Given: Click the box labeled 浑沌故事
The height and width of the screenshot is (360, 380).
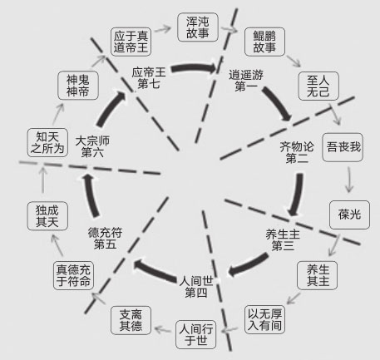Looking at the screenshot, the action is [198, 27].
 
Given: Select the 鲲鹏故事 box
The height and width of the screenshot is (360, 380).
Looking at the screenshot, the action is [264, 42].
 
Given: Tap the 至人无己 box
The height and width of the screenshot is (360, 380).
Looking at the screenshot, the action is [318, 86].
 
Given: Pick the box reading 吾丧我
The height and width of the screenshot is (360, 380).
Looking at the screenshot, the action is [343, 147].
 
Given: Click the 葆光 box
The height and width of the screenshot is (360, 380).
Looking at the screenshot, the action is [349, 215].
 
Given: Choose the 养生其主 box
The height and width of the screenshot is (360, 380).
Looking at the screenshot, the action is [318, 275].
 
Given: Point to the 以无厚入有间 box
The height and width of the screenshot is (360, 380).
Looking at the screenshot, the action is [264, 319].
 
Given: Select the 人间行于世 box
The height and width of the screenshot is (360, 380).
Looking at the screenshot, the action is [196, 335].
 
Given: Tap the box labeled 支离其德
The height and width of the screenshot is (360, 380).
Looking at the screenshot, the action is [131, 320].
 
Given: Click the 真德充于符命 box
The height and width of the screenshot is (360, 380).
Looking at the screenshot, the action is [73, 275].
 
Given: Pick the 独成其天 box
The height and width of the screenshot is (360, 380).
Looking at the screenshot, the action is [47, 216].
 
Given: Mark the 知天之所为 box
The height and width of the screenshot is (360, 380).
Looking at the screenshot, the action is [47, 142].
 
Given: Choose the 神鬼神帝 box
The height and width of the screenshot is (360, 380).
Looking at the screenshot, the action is [78, 86].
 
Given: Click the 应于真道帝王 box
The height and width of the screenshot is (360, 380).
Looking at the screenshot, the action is [131, 42].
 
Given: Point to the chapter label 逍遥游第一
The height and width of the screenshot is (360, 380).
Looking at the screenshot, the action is [246, 81].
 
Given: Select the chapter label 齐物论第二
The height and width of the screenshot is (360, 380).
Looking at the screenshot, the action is [297, 153].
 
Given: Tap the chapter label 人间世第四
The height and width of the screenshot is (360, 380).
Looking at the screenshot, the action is [196, 287].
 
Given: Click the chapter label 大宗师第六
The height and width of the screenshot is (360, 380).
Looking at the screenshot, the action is [92, 147].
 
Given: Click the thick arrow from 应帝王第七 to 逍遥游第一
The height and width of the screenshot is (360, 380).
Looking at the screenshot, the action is [194, 67].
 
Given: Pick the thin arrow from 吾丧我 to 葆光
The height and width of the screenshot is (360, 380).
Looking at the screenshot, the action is [349, 179].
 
